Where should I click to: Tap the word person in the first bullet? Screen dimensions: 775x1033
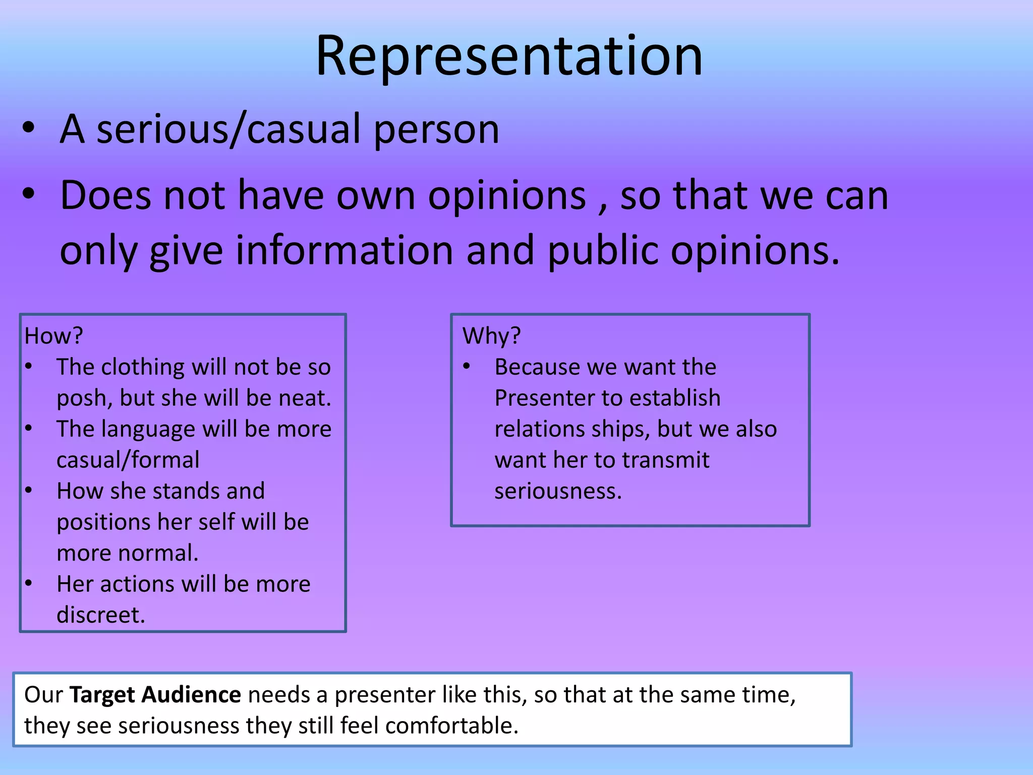pos(436,130)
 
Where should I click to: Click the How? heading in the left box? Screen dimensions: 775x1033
pos(53,336)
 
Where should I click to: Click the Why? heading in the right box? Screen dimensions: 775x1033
pos(491,336)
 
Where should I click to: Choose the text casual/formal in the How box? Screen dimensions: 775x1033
pos(128,460)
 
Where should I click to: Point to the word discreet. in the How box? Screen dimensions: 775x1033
pos(101,615)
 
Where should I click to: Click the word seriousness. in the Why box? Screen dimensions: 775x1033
pos(558,491)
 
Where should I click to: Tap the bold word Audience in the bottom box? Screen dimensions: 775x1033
pos(191,695)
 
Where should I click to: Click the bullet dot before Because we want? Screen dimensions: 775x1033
pos(467,367)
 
